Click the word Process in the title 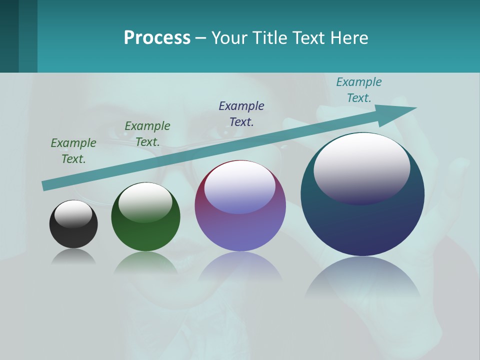[x=157, y=38]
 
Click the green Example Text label [x=73, y=150]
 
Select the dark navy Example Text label [x=241, y=113]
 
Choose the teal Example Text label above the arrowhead [x=359, y=90]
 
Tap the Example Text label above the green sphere [x=147, y=133]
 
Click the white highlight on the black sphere [x=73, y=213]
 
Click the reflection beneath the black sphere [x=73, y=257]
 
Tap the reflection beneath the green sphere [x=145, y=263]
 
